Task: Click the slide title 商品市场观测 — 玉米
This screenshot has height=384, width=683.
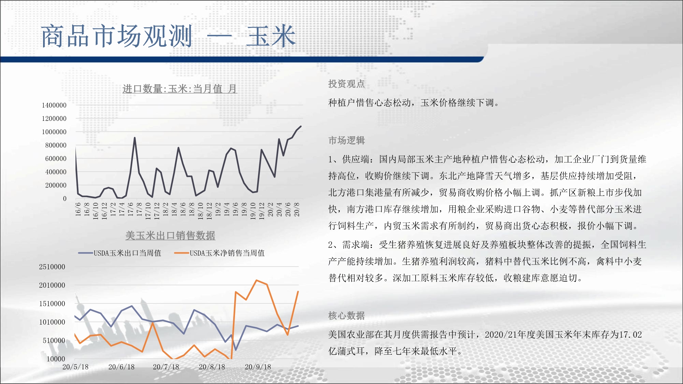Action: tap(168, 36)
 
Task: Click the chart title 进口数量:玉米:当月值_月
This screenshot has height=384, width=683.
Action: tap(180, 89)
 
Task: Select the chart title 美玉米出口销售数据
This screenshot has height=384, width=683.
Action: tap(170, 235)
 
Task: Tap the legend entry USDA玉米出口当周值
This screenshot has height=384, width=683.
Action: tap(120, 253)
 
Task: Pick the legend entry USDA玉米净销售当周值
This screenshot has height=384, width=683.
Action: tap(219, 253)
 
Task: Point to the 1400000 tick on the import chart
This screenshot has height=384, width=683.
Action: tap(54, 105)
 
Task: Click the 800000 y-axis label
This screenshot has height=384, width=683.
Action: tap(56, 145)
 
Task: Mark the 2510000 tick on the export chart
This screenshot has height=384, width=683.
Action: tap(52, 267)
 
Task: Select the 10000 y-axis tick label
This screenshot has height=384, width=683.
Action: tap(56, 359)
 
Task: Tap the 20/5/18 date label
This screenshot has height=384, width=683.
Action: tap(75, 367)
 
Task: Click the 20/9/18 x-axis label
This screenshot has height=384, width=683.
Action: tap(258, 367)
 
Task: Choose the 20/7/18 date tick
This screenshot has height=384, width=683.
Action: tap(166, 367)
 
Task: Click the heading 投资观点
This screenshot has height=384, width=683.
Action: tap(346, 84)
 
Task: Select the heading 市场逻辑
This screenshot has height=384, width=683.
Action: tap(346, 140)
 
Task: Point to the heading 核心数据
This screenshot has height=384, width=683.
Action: tap(346, 315)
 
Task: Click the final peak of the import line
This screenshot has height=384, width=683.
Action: tap(301, 126)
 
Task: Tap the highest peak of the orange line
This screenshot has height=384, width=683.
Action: tap(256, 280)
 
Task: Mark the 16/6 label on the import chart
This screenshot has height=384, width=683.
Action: tap(78, 209)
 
